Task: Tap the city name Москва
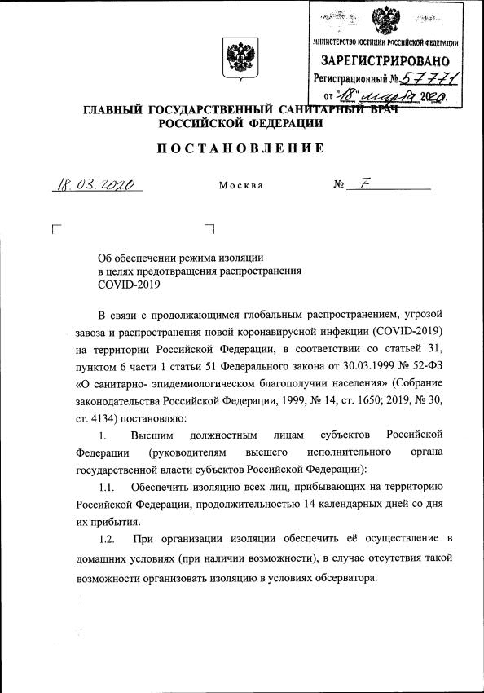(x=241, y=186)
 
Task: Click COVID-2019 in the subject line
(x=130, y=285)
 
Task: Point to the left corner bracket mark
(x=55, y=229)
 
